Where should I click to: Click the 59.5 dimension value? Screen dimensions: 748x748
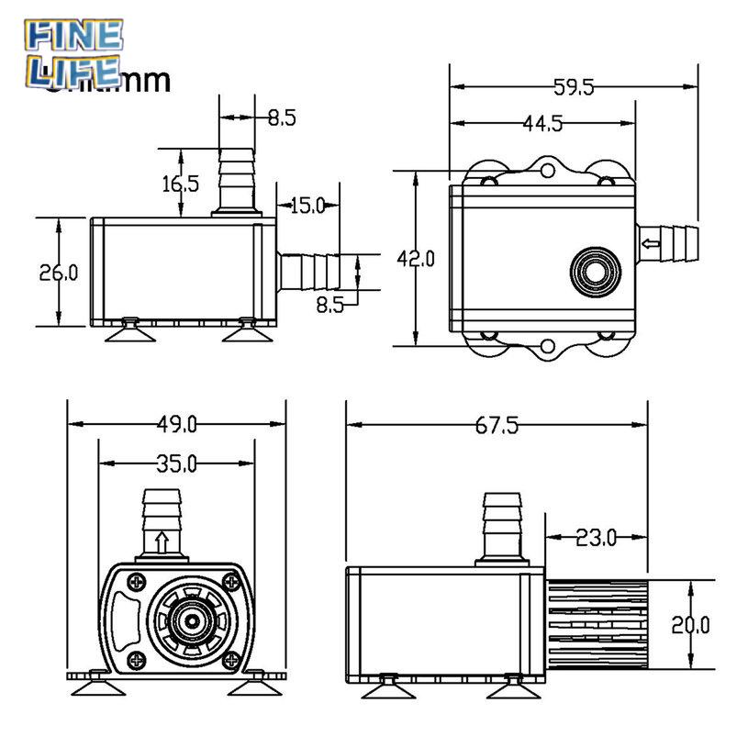tap(575, 88)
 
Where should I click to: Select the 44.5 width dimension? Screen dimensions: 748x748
tap(542, 124)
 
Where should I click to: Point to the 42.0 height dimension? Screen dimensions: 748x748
tap(415, 260)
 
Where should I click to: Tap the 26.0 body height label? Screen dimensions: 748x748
tap(58, 272)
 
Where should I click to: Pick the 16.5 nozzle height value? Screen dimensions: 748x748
tap(181, 184)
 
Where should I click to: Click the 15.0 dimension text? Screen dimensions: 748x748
tap(307, 206)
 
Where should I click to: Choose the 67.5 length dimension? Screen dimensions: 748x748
tap(497, 425)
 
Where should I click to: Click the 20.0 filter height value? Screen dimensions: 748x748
tap(690, 626)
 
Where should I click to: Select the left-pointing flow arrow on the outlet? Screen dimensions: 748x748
tap(651, 243)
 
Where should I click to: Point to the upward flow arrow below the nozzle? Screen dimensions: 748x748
tap(162, 541)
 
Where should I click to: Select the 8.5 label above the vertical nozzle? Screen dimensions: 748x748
tap(281, 117)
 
